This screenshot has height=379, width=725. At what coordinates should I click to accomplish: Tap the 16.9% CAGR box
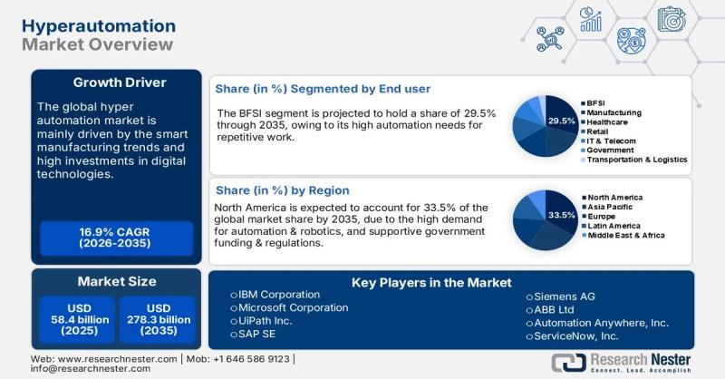point(116,238)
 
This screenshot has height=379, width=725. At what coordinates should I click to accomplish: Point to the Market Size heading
point(116,281)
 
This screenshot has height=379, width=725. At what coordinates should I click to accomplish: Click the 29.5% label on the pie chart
point(562,121)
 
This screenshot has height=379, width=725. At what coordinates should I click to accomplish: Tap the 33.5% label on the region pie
point(562,215)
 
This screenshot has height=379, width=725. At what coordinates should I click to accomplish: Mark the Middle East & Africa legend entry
point(625,235)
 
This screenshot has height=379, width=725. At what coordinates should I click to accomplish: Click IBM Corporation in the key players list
point(279,295)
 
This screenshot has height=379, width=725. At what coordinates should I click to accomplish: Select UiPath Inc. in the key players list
point(268,321)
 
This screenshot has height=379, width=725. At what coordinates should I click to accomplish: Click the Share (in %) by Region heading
point(282,190)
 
